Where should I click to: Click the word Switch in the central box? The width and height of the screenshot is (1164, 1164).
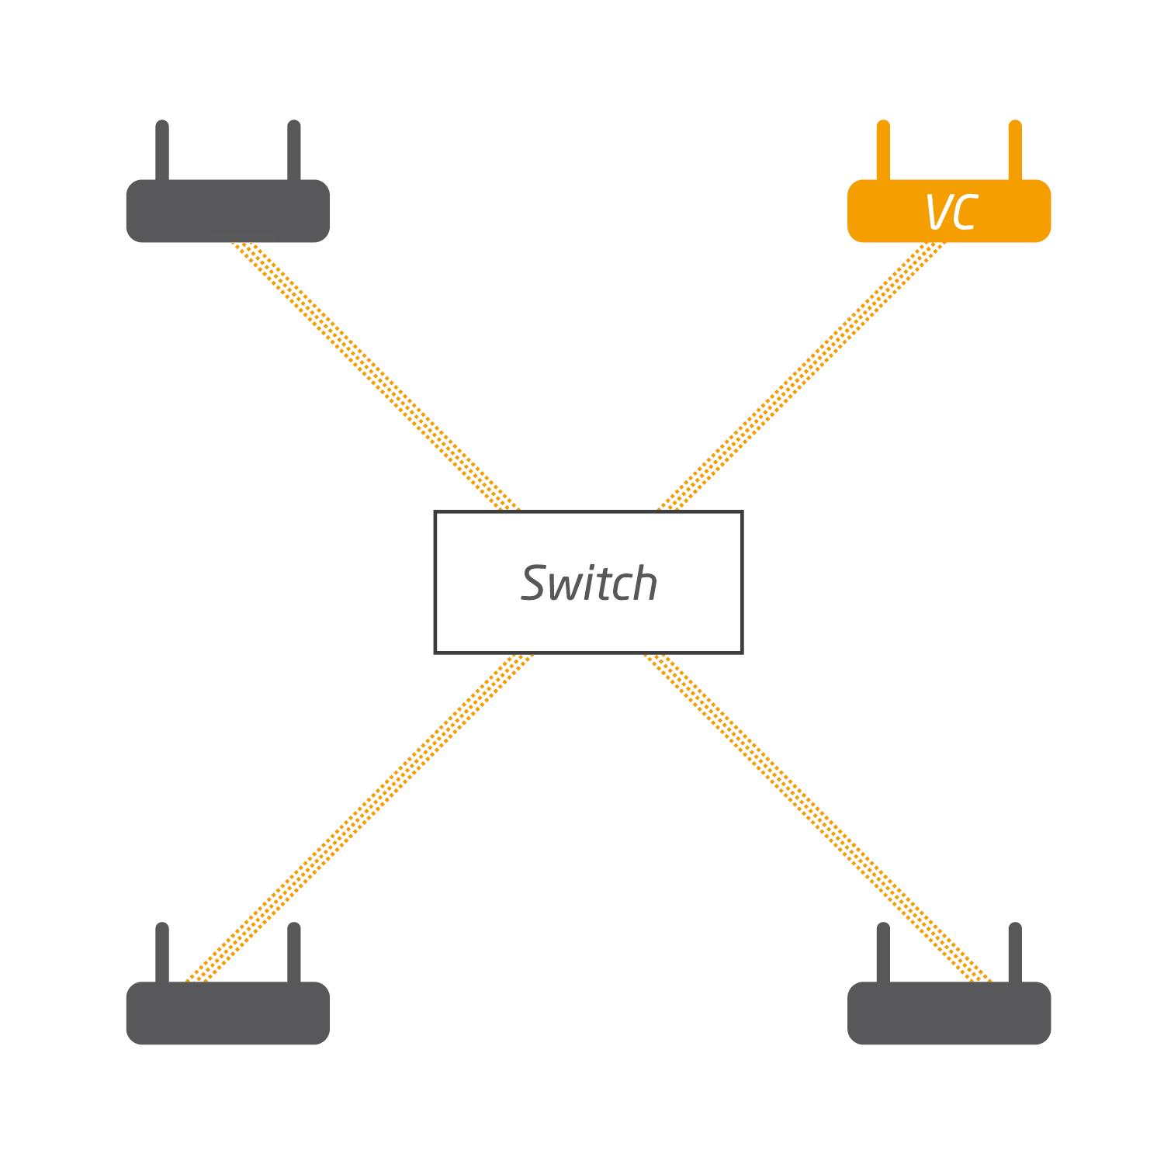(589, 584)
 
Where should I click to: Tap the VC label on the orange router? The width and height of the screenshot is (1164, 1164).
(951, 212)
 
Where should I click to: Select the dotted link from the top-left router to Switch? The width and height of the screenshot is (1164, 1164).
(376, 376)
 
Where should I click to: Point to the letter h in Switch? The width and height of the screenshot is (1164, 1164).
(643, 584)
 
